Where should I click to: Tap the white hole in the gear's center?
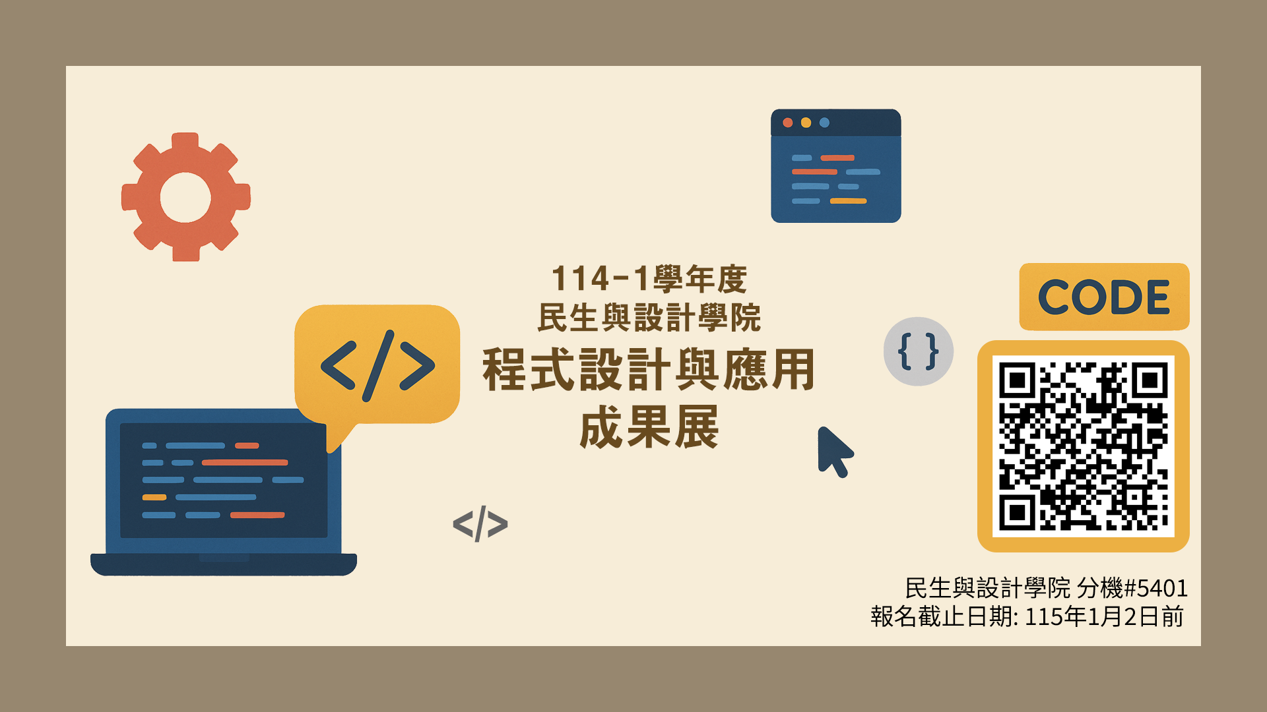[x=185, y=198]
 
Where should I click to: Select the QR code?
[x=1083, y=446]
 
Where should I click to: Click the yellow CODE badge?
[x=1104, y=297]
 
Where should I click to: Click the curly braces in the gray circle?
[x=918, y=351]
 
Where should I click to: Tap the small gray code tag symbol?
[x=480, y=524]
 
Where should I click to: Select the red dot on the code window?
[x=787, y=123]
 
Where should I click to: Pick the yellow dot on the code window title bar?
[x=806, y=123]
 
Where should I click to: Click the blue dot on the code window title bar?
[x=824, y=123]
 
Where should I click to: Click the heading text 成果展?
[x=649, y=427]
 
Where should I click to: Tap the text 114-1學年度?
[x=649, y=279]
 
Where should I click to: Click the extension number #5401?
[x=1155, y=587]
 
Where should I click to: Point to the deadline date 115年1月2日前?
[x=1104, y=616]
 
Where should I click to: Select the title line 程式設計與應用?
[x=649, y=369]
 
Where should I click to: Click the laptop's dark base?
[x=224, y=564]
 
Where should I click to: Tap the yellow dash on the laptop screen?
[x=154, y=497]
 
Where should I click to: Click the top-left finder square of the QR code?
[x=1017, y=380]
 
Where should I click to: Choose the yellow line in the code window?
[x=848, y=201]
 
